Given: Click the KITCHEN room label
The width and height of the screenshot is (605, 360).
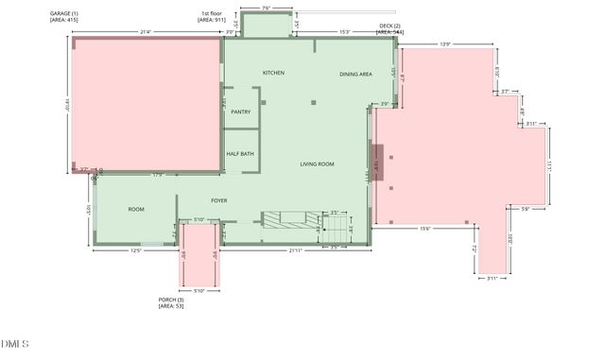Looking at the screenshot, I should tap(273, 73).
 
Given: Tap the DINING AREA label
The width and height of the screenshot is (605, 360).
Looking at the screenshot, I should tap(355, 74).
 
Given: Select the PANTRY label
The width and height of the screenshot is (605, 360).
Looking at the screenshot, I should tap(240, 111).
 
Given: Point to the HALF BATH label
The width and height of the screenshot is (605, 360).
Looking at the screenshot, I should tap(240, 153).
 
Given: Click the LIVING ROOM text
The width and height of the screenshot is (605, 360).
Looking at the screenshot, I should tap(318, 164).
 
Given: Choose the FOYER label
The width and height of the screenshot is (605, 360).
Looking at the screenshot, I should tap(219, 200).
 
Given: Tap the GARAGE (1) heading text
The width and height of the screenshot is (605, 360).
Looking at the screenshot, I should tap(64, 13).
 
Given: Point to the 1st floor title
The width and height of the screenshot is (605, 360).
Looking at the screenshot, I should tap(211, 13).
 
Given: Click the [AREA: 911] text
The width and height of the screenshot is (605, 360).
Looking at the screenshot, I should tap(212, 19).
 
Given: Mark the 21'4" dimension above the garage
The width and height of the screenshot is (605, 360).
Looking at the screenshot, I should tap(146, 32).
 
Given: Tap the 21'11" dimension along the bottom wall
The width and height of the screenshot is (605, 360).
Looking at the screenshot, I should tap(297, 250).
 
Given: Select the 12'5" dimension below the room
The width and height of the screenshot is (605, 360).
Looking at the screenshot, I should tap(136, 250).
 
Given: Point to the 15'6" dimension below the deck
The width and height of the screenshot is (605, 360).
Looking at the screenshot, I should tap(424, 228).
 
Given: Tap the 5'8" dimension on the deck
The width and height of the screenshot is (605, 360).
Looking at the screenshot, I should tap(526, 209).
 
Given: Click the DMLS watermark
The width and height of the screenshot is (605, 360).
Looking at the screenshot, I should tap(14, 343).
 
